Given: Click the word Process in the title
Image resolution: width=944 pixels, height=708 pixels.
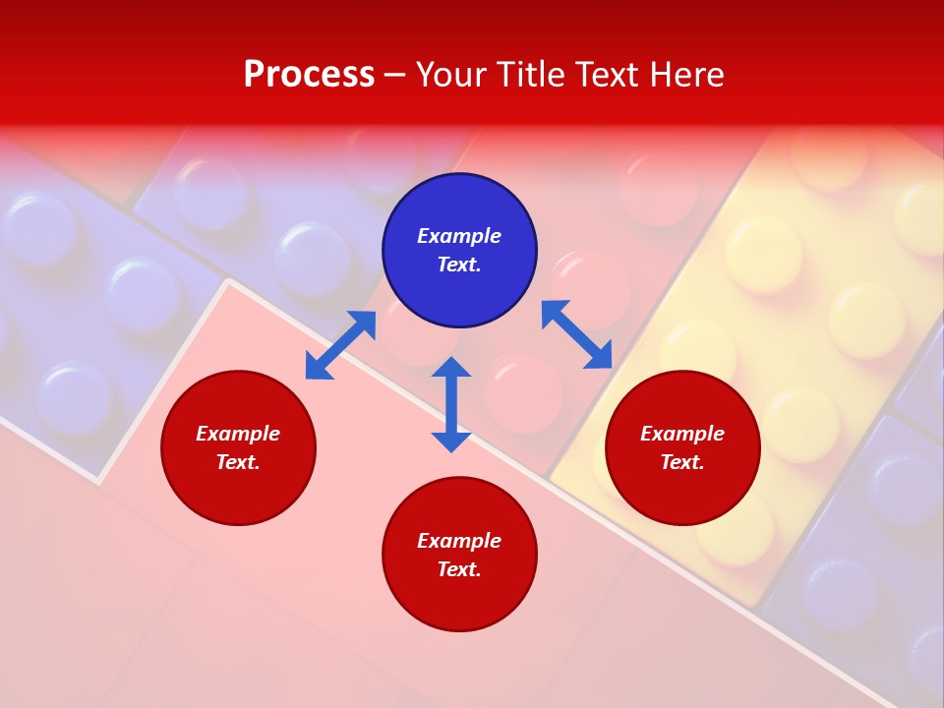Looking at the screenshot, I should pyautogui.click(x=309, y=75).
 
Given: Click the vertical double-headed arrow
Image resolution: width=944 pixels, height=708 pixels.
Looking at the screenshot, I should pyautogui.click(x=451, y=404).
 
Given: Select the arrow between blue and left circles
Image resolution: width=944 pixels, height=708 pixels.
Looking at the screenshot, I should pyautogui.click(x=340, y=345).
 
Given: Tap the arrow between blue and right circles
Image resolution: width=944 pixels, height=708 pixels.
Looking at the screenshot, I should pyautogui.click(x=576, y=334).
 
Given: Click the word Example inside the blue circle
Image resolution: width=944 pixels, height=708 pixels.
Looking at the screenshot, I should pyautogui.click(x=459, y=236).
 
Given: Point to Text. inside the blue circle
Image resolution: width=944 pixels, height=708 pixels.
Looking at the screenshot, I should pyautogui.click(x=459, y=265).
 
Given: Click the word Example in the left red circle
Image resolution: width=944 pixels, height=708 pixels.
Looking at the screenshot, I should pyautogui.click(x=238, y=434).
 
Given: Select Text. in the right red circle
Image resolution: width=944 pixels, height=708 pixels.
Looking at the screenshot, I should pyautogui.click(x=682, y=462).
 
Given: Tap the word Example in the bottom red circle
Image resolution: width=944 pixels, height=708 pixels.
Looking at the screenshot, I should pyautogui.click(x=459, y=541).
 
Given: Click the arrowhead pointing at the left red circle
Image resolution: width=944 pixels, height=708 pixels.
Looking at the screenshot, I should pyautogui.click(x=318, y=367).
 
